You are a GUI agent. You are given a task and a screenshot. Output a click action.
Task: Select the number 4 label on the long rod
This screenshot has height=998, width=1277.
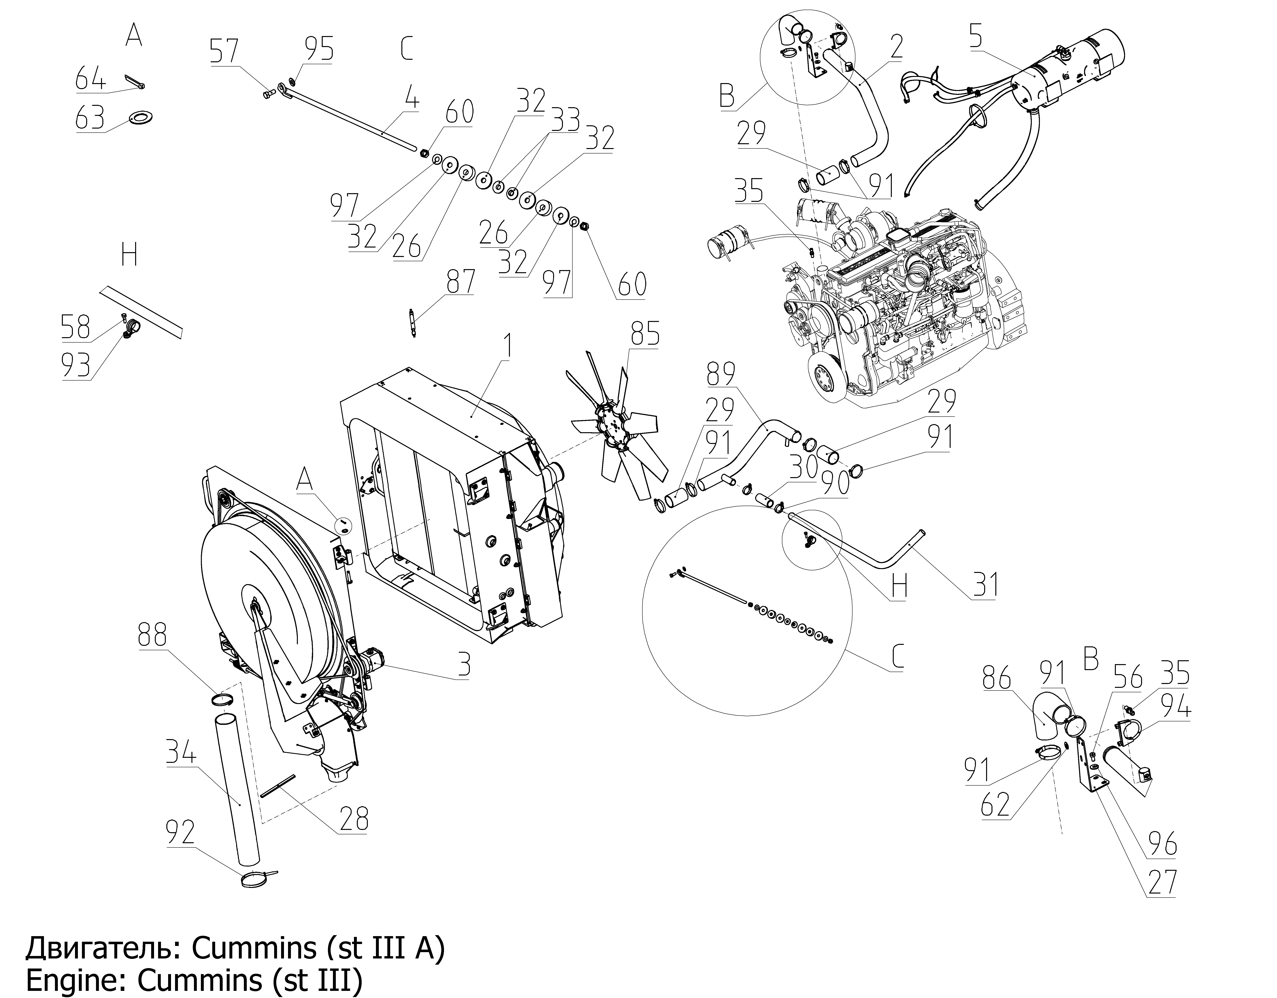[412, 98]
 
